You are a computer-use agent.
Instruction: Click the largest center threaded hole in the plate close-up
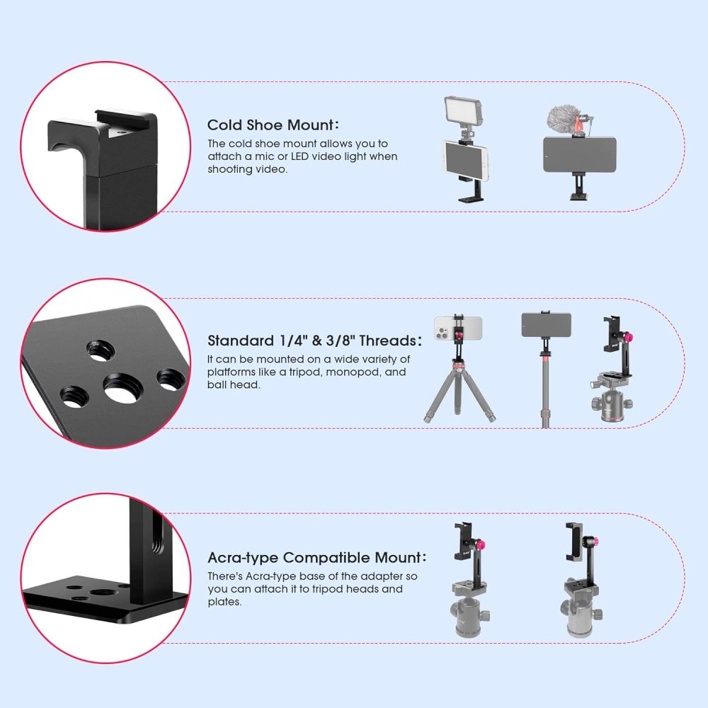tap(122, 389)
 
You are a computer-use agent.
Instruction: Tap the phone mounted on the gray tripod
tap(458, 326)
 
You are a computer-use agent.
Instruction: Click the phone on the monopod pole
tap(546, 325)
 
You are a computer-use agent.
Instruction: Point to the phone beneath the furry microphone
tap(579, 154)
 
